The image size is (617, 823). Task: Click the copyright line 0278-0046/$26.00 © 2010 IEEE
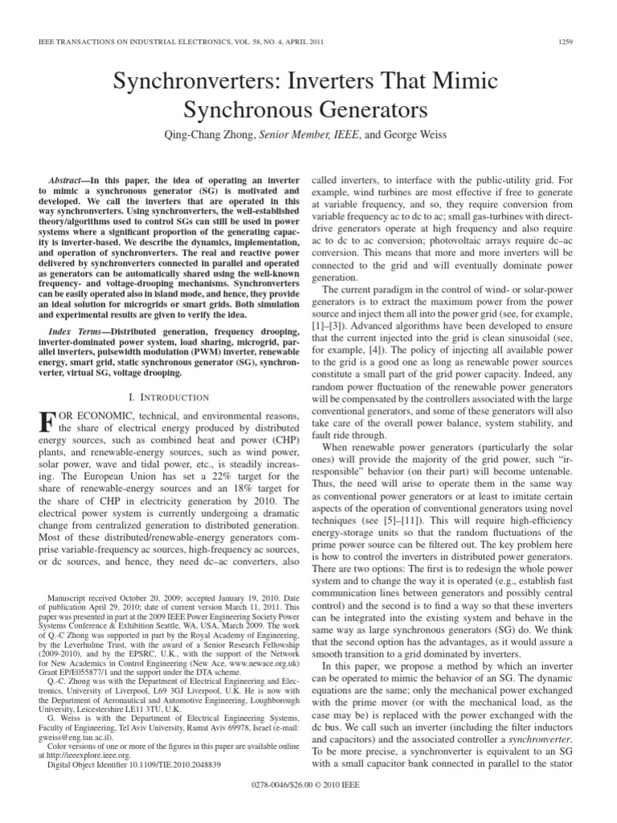point(308,805)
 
